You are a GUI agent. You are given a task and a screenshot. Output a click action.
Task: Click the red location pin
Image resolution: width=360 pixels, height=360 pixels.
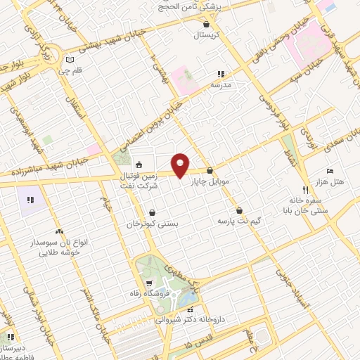click(181, 165)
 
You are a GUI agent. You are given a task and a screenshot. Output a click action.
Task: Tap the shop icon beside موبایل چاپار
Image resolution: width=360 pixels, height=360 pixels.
click(210, 170)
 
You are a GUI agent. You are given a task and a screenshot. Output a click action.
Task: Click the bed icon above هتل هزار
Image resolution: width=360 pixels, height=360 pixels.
click(330, 171)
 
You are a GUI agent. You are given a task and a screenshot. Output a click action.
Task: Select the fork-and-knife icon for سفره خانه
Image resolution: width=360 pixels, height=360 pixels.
click(305, 189)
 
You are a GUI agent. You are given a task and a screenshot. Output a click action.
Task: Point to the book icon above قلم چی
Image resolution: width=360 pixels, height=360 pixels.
click(68, 60)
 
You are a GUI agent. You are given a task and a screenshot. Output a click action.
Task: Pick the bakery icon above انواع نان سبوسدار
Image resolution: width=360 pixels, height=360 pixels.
click(58, 231)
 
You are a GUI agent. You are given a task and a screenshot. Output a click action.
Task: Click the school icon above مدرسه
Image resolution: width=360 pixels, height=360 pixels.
click(220, 73)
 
